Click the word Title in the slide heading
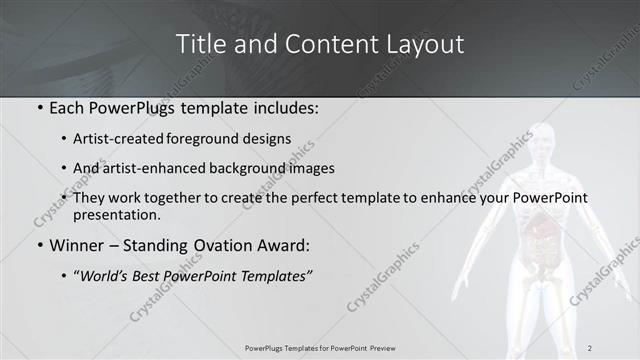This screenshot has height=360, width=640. (x=202, y=45)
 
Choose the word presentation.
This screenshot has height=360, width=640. (x=116, y=214)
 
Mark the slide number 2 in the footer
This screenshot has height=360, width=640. (x=590, y=347)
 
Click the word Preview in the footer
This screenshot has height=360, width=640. (x=389, y=347)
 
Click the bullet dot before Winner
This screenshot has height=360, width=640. (x=40, y=245)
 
